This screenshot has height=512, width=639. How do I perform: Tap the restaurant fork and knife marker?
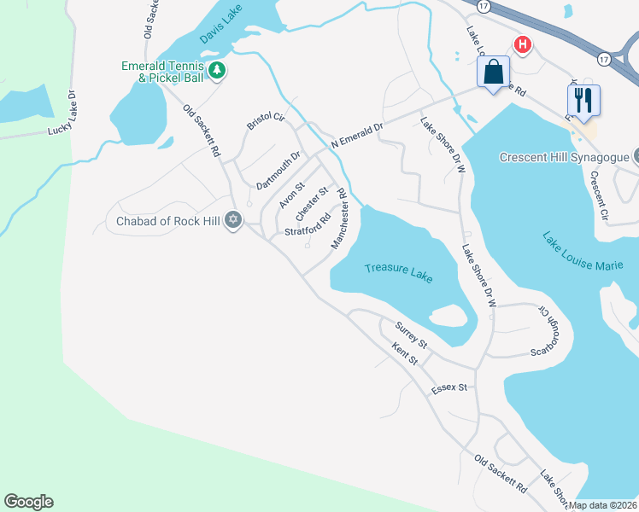[x=583, y=99]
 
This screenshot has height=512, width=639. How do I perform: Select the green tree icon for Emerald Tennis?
[x=218, y=69]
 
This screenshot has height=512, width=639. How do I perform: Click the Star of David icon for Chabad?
[x=233, y=221]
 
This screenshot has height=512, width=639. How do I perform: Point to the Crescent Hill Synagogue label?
[x=562, y=157]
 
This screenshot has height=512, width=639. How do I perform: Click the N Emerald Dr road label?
[x=358, y=132]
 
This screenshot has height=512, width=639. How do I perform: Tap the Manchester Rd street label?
[x=341, y=220]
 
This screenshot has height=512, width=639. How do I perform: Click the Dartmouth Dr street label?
[x=278, y=171]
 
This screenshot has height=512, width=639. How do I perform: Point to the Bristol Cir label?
[x=265, y=119]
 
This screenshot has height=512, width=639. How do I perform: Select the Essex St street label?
[x=449, y=387]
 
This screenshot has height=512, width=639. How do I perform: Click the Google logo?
[x=28, y=502]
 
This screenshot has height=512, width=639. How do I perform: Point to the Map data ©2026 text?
[x=603, y=505]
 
